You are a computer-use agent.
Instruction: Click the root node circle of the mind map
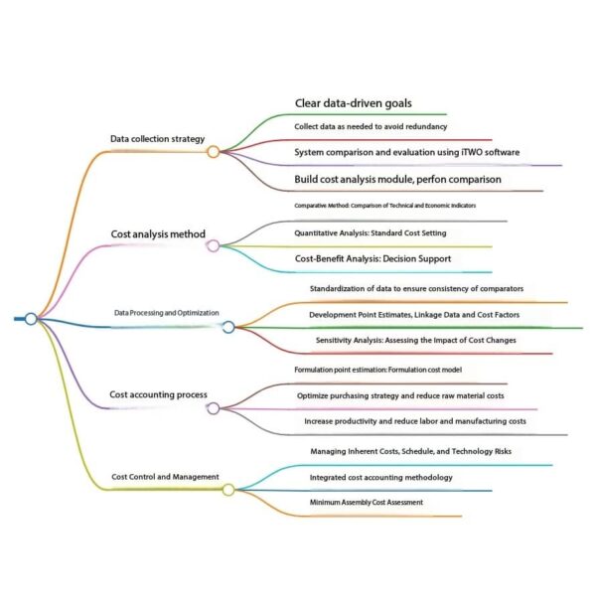click(31, 318)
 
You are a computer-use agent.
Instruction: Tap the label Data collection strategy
click(157, 138)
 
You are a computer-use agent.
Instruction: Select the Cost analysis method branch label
click(158, 234)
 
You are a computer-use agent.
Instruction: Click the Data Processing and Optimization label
click(166, 313)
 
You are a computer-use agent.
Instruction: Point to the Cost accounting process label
click(158, 394)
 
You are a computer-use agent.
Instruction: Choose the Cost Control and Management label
click(164, 477)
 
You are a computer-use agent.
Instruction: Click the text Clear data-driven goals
click(353, 103)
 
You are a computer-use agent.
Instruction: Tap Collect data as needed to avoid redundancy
click(370, 127)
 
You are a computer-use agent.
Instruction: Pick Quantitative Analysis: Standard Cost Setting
click(370, 232)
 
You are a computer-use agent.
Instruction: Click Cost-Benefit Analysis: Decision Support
click(372, 258)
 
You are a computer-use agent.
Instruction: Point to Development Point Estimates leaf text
click(414, 315)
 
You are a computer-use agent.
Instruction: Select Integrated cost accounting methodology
click(381, 478)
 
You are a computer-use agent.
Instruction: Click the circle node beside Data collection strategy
click(213, 152)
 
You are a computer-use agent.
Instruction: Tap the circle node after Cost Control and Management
click(227, 490)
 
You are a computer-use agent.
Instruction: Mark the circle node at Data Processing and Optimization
click(227, 327)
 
